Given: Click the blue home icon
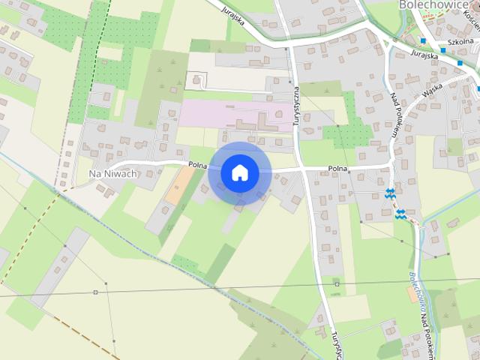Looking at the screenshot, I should point(239,172).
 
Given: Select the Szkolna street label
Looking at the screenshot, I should point(460,43).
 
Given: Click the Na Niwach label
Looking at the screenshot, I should point(112,174).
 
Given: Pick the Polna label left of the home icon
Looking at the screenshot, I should point(198,164).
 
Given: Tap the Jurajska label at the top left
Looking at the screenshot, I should point(233,14).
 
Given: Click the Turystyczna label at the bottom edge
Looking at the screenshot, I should point(330,344).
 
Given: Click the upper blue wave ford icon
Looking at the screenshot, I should point(390,193).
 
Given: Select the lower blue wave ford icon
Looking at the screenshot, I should point(402,214).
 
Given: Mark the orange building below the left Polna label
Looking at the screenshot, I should point(179,186).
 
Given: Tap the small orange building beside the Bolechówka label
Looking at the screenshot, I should point(412,295).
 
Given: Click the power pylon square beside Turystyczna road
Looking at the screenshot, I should point(337,284).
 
